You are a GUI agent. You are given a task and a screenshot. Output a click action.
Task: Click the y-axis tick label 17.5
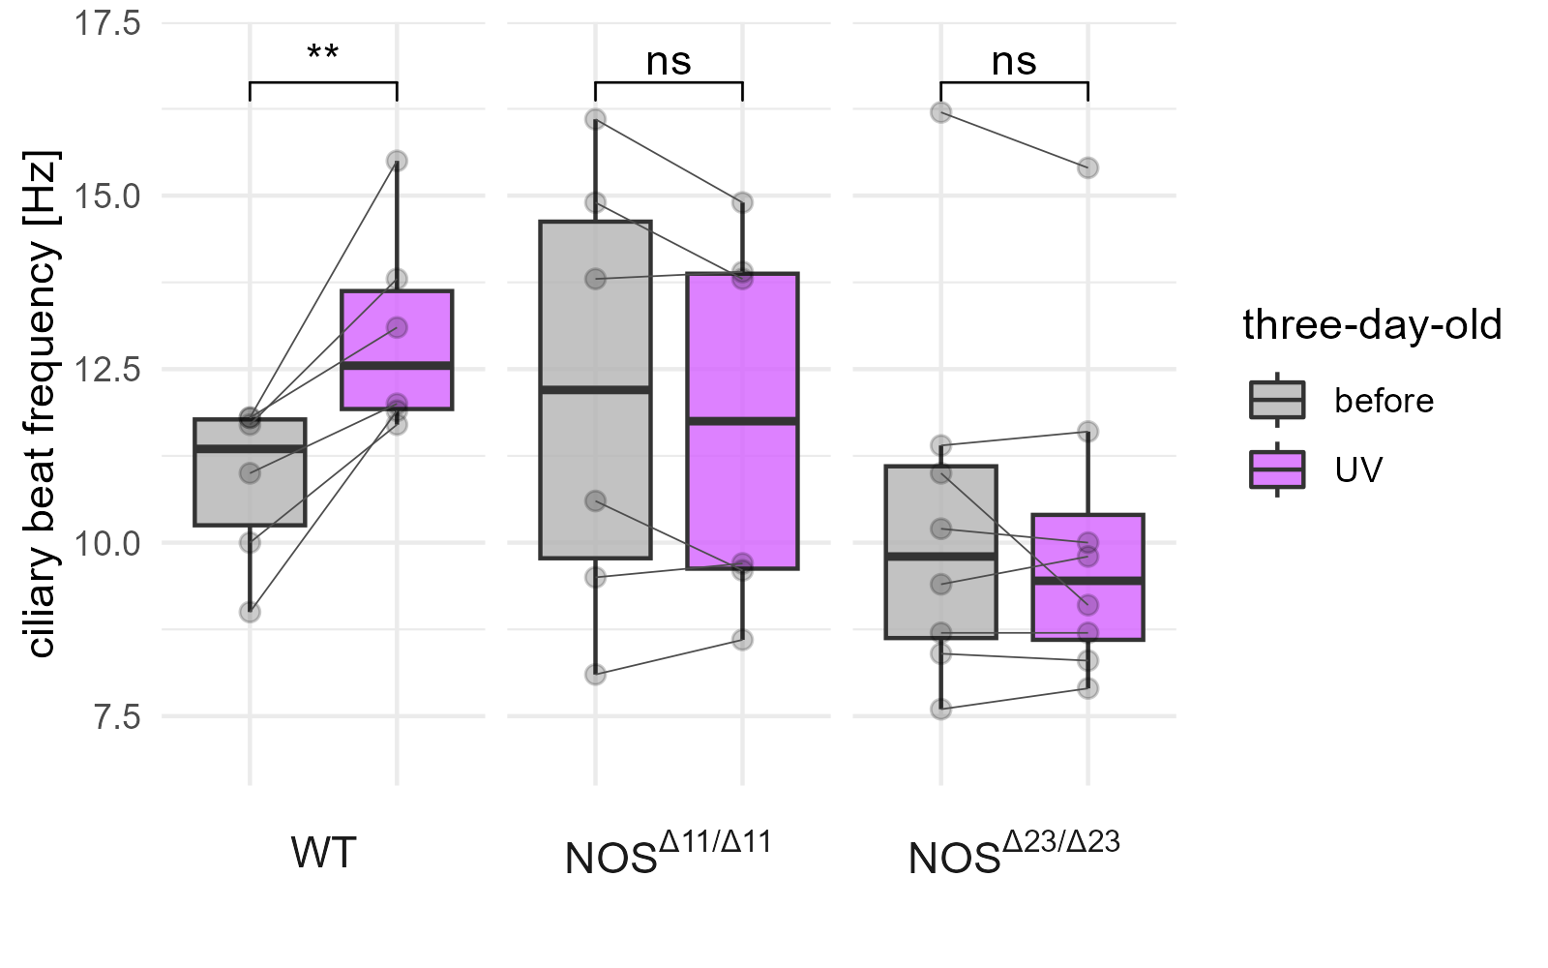(107, 23)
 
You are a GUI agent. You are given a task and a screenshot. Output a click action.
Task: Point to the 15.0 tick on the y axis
(107, 197)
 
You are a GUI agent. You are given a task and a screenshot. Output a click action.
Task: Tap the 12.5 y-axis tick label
(107, 370)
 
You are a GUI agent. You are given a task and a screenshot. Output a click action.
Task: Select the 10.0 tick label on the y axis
(107, 543)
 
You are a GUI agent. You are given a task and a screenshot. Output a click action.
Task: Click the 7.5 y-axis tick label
(114, 717)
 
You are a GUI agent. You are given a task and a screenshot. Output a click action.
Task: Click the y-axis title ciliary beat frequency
(42, 405)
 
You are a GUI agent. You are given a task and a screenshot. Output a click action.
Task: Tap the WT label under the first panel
(323, 854)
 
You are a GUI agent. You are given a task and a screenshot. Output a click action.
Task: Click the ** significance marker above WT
(323, 53)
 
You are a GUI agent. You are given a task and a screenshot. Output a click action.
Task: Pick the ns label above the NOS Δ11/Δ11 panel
(669, 62)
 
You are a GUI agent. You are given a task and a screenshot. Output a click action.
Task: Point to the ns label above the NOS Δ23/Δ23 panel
(1014, 62)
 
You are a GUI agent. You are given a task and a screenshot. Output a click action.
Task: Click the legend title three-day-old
(1372, 325)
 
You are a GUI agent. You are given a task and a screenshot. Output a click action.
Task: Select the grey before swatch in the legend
(1277, 400)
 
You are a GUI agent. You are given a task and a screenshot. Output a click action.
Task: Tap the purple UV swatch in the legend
(1277, 469)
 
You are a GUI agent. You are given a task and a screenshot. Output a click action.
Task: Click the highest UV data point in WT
(397, 161)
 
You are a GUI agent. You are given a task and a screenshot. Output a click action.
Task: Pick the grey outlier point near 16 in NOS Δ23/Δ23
(940, 112)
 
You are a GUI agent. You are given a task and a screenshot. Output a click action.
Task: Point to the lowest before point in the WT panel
(250, 612)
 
